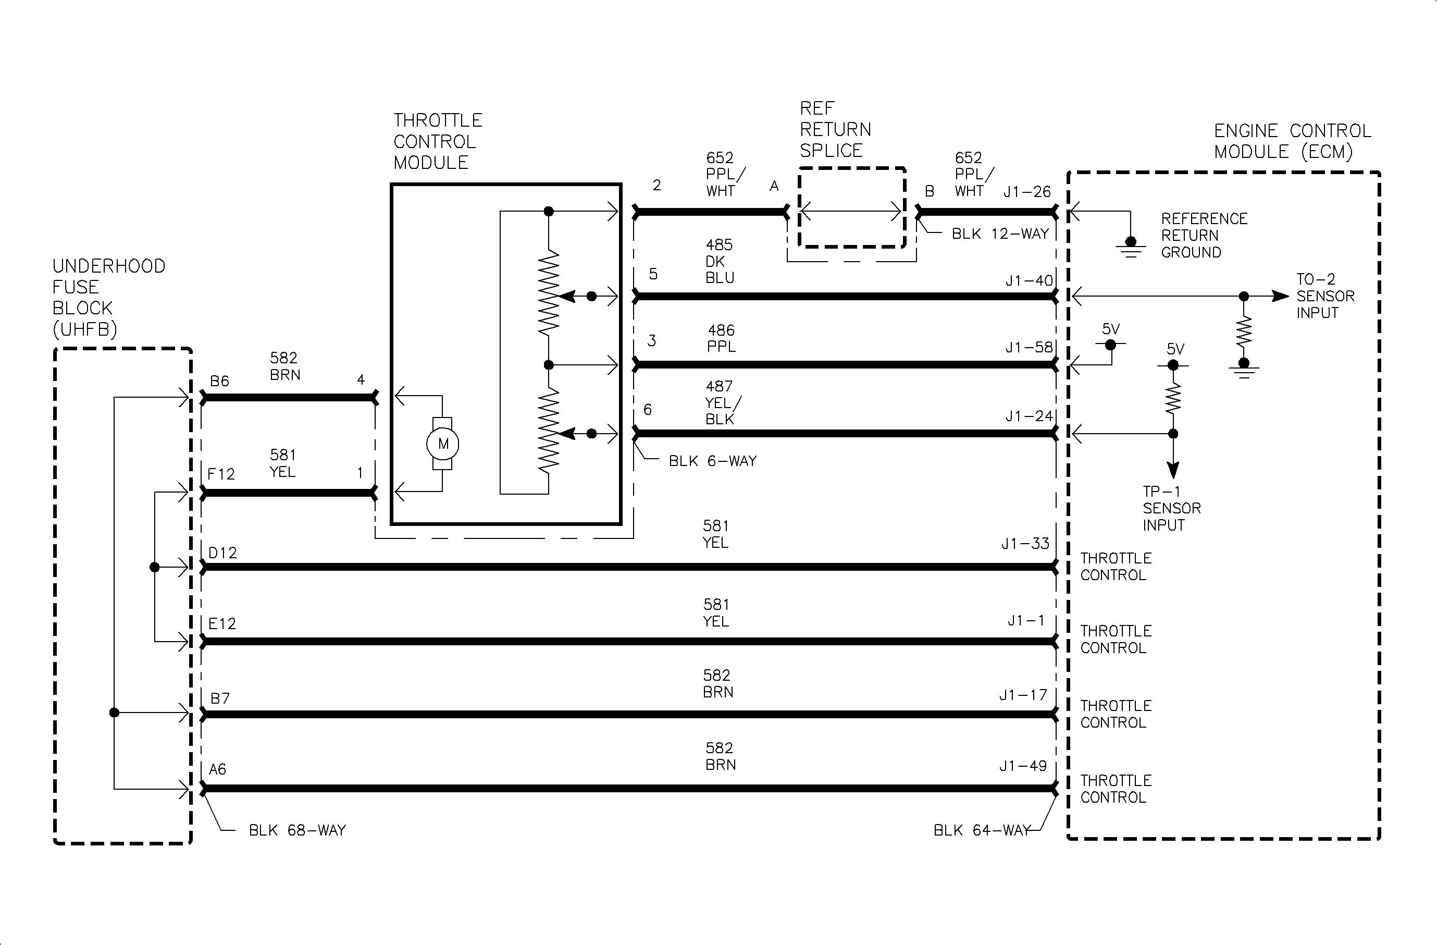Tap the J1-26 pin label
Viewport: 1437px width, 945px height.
click(1027, 192)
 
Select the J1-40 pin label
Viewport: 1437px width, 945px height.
click(1029, 281)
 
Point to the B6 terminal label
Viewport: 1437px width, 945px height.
click(219, 381)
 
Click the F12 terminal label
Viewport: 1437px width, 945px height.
click(220, 474)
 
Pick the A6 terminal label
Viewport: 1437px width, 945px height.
click(217, 769)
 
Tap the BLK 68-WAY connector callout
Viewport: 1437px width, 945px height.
click(297, 830)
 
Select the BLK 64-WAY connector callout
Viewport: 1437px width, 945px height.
click(981, 830)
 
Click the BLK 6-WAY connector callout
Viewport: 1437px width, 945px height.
click(712, 461)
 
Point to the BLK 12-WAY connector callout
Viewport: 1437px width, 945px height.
click(1000, 234)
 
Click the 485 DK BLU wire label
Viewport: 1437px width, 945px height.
click(720, 262)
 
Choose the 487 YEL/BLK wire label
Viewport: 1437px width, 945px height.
click(721, 403)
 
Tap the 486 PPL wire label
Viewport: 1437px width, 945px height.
click(722, 338)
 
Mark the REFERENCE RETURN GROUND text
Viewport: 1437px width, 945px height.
click(1204, 236)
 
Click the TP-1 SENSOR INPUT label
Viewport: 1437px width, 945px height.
click(1171, 508)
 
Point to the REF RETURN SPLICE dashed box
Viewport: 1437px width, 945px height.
click(851, 207)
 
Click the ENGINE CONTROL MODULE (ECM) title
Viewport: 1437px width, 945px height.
click(1292, 141)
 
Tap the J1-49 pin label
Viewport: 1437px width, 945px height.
click(1023, 766)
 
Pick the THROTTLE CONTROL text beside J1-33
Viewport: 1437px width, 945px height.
click(1115, 567)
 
